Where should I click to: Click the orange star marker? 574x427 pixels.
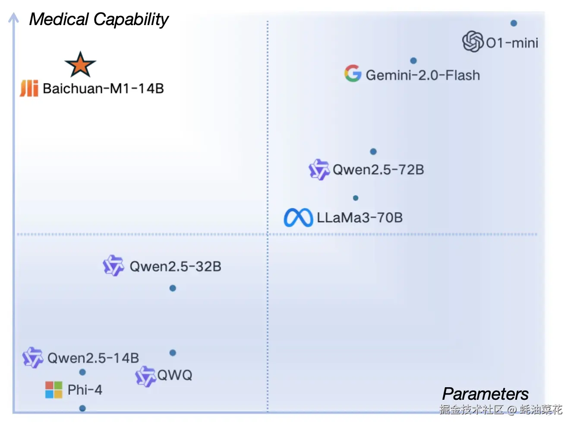coord(80,65)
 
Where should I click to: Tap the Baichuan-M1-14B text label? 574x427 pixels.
coord(103,89)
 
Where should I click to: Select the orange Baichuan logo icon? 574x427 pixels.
coord(29,88)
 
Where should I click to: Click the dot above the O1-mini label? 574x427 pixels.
coord(514,23)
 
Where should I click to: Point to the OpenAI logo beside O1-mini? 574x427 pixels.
coord(473,41)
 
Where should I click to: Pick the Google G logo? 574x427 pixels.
coord(353,73)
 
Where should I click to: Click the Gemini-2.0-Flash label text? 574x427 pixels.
coord(423,75)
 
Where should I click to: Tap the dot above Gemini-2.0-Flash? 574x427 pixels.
coord(413,61)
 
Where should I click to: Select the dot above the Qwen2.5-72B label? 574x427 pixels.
coord(373,151)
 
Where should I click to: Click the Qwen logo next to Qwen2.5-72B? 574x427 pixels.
coord(319,169)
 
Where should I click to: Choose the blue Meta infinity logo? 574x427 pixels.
coord(298,217)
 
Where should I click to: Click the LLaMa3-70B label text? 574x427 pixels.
coord(360,217)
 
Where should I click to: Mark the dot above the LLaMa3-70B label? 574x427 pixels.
coord(356,198)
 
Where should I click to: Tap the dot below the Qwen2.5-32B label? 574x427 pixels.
coord(173,288)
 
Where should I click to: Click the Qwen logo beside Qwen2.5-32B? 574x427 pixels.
coord(114,265)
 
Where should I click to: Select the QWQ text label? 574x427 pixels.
coord(175,375)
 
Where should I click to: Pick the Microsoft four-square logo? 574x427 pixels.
coord(54,389)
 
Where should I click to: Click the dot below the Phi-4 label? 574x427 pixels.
coord(82,408)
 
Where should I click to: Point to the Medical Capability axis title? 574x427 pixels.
coord(99,19)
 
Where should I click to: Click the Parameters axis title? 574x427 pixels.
coord(486,394)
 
